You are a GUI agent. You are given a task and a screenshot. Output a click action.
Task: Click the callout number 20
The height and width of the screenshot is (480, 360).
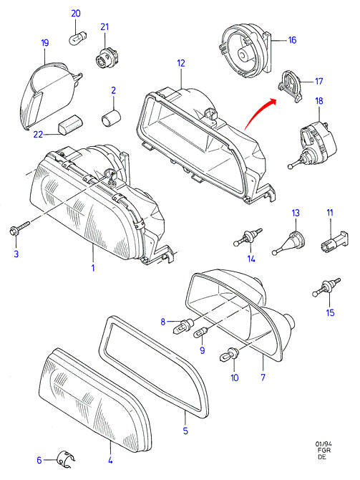click(x=76, y=14)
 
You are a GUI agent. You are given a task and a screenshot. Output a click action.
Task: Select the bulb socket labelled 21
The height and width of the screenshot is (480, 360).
click(x=103, y=58)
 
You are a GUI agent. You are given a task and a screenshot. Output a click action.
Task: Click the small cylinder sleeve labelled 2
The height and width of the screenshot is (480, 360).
click(x=112, y=118)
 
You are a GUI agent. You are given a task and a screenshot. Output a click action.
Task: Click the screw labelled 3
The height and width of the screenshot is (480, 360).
click(x=19, y=229)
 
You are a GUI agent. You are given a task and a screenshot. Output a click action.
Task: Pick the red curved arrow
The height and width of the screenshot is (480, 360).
click(x=259, y=112)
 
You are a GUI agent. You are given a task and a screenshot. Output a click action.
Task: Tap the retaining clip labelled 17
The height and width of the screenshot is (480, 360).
click(x=290, y=85)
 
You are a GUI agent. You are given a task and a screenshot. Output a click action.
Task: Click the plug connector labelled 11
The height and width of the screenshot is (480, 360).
click(x=335, y=241)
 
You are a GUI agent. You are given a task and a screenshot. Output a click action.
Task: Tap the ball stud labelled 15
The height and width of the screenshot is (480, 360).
click(x=326, y=287)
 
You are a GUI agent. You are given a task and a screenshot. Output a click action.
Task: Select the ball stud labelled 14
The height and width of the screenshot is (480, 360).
click(x=248, y=237)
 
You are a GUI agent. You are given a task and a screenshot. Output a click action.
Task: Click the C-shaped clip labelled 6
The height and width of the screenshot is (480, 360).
click(x=66, y=459)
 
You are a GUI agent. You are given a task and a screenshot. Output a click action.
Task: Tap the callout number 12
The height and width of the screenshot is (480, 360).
click(x=181, y=63)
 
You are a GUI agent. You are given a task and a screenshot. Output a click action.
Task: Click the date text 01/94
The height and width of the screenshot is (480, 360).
click(x=323, y=444)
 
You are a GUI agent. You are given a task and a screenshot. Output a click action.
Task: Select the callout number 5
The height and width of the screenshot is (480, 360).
click(x=185, y=431)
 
